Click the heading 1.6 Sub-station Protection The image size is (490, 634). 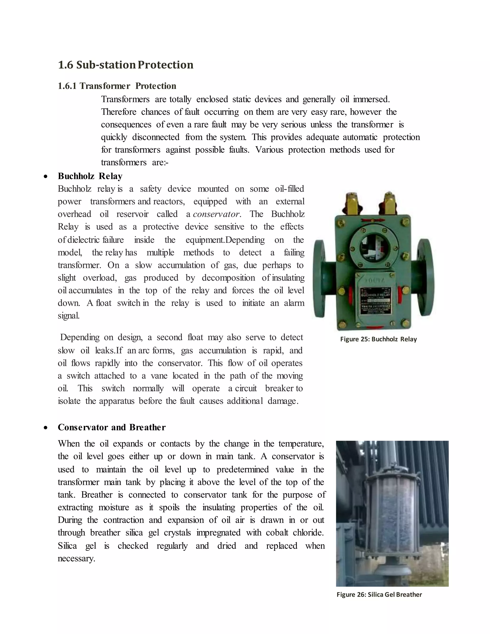pos(125,65)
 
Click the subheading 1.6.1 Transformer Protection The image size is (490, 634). pos(117,86)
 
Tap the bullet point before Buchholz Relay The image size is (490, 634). pos(45,176)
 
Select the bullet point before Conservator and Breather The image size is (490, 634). pos(45,428)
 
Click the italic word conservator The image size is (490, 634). pos(216,214)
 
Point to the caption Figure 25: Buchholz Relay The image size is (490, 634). pos(378,339)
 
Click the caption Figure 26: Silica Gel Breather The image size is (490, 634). pos(379,595)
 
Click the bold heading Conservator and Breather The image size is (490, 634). pos(111,427)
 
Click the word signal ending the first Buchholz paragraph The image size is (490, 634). pos(68,316)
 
